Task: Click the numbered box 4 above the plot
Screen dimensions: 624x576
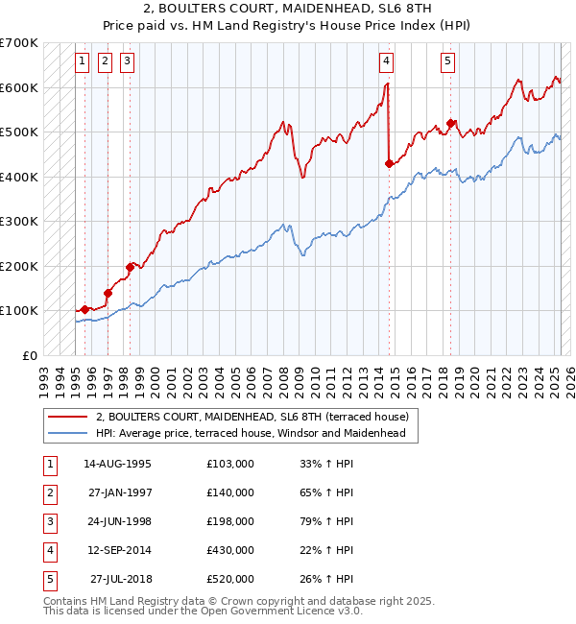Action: point(386,61)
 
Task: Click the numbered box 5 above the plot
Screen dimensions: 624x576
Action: point(448,61)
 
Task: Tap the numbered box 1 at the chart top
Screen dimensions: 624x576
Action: point(82,61)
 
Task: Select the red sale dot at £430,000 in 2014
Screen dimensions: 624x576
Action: point(389,163)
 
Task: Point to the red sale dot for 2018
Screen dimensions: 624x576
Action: point(450,123)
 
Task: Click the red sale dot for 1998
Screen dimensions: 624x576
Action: point(130,266)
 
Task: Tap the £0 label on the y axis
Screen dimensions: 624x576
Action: point(31,355)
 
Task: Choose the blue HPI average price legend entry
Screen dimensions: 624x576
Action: point(251,433)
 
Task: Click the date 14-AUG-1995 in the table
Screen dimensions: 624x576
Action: point(117,464)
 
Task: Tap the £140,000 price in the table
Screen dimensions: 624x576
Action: point(230,492)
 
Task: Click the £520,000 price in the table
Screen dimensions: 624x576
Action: point(230,579)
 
